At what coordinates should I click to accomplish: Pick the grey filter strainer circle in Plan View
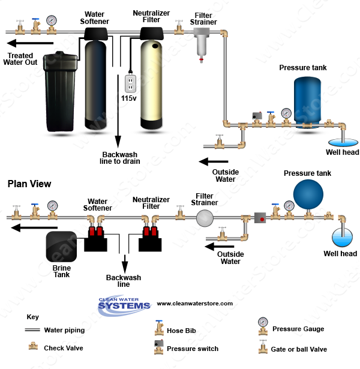coord(206,220)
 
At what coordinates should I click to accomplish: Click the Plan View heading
coord(29,184)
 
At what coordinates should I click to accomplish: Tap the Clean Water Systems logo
coord(124,304)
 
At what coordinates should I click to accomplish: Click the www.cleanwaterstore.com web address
coord(194,304)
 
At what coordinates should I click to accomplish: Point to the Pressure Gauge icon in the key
coord(262,325)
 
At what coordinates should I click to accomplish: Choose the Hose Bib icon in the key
coord(159,328)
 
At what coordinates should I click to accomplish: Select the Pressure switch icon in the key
coord(158,347)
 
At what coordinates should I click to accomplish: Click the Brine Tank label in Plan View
coord(62,271)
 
